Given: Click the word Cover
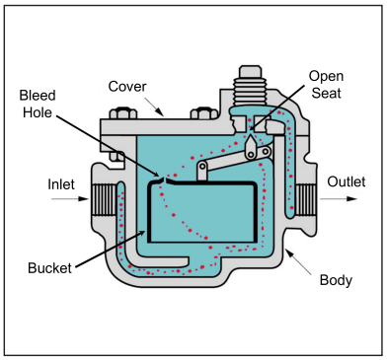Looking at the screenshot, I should click(x=127, y=86).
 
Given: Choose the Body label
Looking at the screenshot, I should click(x=335, y=280).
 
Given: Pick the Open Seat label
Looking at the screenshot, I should click(x=326, y=84).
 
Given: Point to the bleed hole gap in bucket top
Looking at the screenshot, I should click(x=162, y=181).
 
